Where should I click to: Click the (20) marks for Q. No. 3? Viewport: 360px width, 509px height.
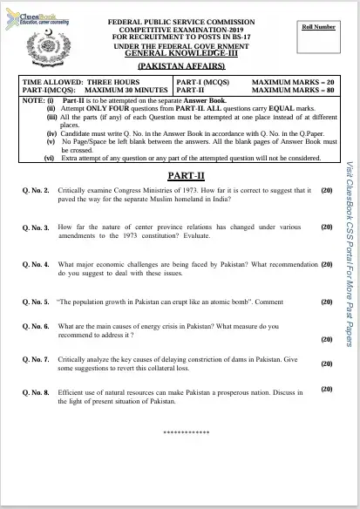pos(327,227)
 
